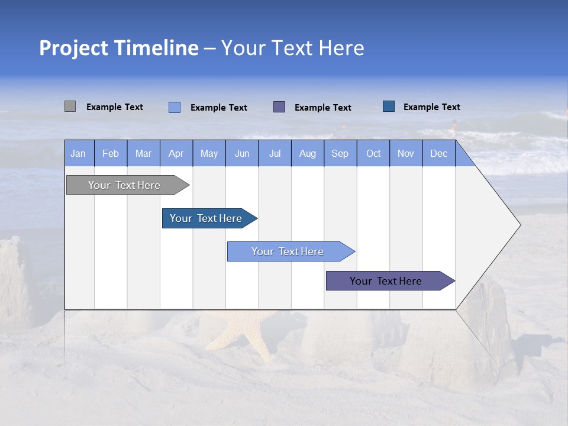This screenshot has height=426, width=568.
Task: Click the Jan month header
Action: (x=79, y=153)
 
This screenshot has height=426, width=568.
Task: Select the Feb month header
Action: (x=111, y=153)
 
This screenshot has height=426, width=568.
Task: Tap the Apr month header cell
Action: (x=176, y=153)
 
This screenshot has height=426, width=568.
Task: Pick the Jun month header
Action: (x=242, y=153)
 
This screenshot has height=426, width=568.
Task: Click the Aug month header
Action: (x=308, y=153)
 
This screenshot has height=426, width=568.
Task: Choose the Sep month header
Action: (x=340, y=153)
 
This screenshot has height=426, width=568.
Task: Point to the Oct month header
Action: (x=373, y=153)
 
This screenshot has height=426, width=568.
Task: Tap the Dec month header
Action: (x=439, y=153)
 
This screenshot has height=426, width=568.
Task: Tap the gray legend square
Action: (x=70, y=106)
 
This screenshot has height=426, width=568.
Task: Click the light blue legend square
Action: (x=175, y=107)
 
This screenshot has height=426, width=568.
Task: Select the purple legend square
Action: (x=279, y=106)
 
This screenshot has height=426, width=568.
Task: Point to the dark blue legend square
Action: (x=389, y=106)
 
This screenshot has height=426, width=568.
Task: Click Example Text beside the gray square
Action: (x=115, y=107)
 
